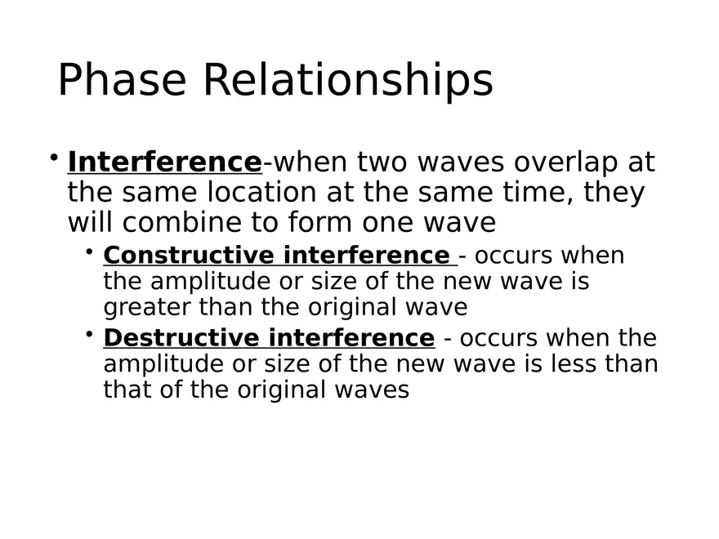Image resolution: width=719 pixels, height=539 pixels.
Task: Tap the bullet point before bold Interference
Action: [x=53, y=156]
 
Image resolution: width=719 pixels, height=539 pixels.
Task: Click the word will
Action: [x=92, y=223]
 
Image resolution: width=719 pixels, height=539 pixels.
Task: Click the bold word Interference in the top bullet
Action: [x=164, y=163]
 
